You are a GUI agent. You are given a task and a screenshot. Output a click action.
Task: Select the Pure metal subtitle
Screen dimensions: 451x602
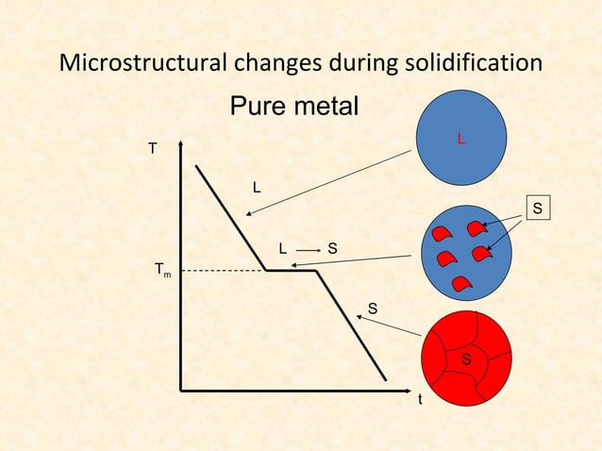(294, 107)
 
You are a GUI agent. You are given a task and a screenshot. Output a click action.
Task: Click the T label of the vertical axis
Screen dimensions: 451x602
(152, 149)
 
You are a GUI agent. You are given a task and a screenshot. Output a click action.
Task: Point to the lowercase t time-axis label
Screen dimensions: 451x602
(421, 399)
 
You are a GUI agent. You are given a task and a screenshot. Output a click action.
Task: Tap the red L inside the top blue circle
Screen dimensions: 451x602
(460, 140)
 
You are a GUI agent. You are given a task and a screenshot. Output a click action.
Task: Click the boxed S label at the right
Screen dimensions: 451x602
(537, 207)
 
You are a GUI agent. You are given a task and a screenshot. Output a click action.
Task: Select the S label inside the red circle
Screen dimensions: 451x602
(466, 360)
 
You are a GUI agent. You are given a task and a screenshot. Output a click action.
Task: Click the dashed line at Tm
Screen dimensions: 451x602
(222, 271)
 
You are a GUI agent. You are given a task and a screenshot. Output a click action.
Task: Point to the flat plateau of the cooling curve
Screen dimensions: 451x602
(291, 271)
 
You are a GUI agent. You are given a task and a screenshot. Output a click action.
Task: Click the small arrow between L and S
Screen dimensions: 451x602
(308, 248)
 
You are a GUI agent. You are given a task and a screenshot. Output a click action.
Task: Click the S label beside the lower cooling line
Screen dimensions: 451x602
(373, 309)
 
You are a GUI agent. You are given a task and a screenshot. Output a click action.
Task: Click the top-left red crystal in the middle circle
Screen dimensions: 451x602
(440, 233)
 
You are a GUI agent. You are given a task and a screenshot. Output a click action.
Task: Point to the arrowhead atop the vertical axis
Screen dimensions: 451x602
(180, 144)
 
